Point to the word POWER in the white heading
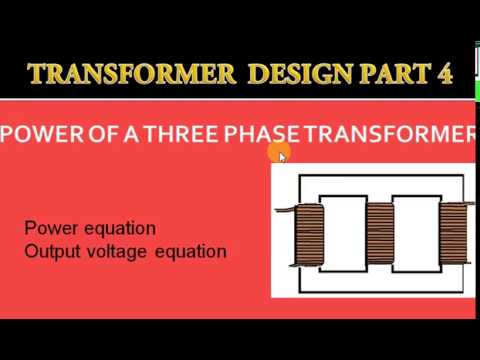tap(42, 134)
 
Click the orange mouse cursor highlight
tap(279, 152)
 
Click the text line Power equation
tap(90, 229)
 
